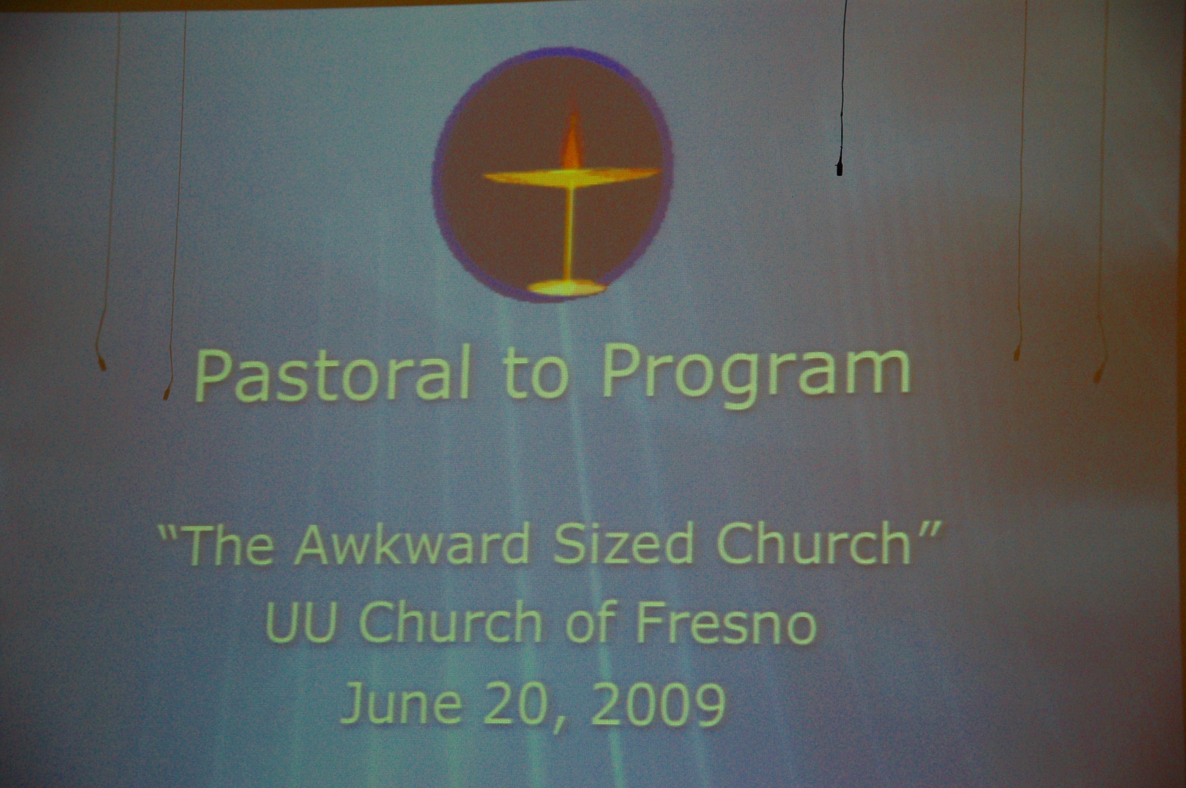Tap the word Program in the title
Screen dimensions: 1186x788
(757, 376)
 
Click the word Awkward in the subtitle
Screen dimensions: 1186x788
(412, 545)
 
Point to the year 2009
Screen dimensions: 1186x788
(658, 703)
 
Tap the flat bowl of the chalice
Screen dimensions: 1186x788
(572, 177)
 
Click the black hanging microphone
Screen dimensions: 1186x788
(839, 168)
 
